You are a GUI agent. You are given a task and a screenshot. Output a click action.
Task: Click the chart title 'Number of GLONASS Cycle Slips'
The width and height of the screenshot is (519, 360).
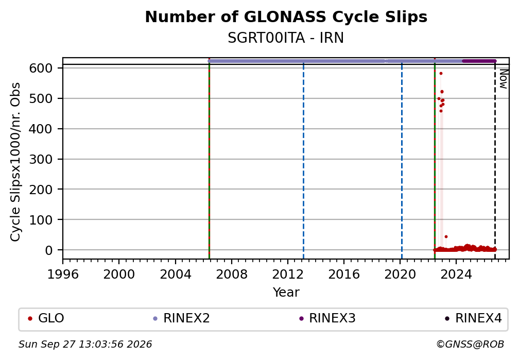coord(286,17)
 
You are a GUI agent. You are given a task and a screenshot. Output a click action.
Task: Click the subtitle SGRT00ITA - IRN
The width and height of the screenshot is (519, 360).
coord(286,38)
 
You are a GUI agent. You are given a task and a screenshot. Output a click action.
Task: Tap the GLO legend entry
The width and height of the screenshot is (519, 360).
coord(46,318)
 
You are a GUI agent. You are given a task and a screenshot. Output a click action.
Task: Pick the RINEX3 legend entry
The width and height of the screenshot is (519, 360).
coord(327,318)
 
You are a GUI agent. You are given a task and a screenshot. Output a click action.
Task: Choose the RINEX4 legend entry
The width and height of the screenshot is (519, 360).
coord(473,318)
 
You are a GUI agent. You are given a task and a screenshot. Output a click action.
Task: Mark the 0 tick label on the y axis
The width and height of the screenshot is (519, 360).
coord(48,250)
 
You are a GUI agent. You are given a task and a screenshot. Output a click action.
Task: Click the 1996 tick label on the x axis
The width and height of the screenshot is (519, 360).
coord(63,274)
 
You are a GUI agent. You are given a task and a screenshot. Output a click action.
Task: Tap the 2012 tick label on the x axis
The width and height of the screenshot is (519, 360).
coord(288,274)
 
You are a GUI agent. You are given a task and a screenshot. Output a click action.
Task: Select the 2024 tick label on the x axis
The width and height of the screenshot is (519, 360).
coord(456,274)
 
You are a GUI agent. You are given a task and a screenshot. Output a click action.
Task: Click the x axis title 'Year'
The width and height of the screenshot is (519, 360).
coord(286,292)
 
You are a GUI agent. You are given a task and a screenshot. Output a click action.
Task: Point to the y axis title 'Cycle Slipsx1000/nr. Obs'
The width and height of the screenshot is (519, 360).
coord(15,162)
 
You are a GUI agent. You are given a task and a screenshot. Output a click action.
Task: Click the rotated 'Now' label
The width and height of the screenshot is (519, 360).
coord(503,79)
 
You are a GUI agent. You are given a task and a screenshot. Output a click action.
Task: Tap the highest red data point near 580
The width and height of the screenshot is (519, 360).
coord(441,74)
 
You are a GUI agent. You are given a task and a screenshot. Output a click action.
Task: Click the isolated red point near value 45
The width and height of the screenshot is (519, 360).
coord(446,236)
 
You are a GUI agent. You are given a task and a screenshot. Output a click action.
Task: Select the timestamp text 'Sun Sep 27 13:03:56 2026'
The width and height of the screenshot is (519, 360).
coord(85,345)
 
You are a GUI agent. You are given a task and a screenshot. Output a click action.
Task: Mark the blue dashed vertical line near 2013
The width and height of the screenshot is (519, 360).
coord(304,162)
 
